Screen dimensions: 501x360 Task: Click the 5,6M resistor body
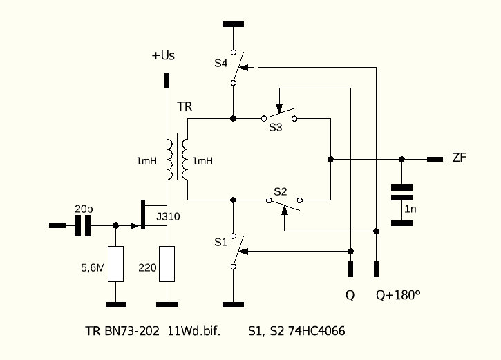(115, 264)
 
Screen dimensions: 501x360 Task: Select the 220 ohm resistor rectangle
(167, 264)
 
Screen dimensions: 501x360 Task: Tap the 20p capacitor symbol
(82, 225)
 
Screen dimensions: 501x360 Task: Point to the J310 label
(168, 216)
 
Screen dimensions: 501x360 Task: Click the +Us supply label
(163, 55)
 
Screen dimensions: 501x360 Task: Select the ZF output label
(460, 158)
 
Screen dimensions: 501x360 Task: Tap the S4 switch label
(220, 64)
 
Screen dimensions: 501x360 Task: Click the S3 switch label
(276, 127)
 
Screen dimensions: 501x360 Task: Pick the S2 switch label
(281, 191)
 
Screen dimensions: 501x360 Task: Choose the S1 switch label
(220, 242)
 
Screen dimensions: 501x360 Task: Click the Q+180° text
(398, 295)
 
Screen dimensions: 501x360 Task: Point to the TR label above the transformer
(185, 106)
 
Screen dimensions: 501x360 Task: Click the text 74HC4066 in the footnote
(316, 331)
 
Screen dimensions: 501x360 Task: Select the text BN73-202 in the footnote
(131, 331)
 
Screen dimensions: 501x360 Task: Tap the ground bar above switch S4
(234, 24)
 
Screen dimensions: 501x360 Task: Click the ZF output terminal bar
(435, 159)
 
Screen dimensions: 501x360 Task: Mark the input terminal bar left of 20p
(57, 225)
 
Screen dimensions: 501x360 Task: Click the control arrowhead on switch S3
(279, 108)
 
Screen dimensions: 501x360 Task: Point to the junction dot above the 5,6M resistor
(115, 225)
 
